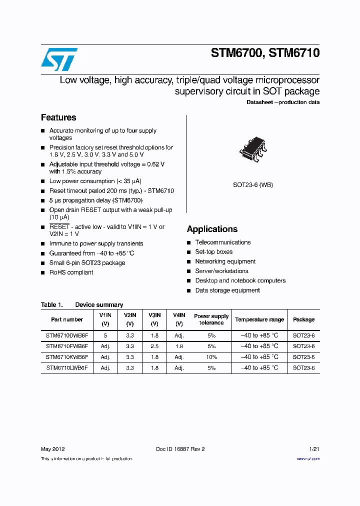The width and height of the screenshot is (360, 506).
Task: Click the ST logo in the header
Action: point(59,59)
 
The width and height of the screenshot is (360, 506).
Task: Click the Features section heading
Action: point(58,117)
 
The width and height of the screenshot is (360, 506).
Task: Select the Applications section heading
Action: point(212,229)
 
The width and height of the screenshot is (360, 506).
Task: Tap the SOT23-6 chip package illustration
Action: point(253,149)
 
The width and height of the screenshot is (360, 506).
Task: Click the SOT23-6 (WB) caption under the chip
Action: point(253,185)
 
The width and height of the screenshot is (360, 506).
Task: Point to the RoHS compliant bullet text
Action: point(71,272)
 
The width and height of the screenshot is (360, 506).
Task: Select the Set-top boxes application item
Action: point(213,252)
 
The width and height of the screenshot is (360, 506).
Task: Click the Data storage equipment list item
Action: point(227,290)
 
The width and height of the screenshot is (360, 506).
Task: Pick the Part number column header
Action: point(67,319)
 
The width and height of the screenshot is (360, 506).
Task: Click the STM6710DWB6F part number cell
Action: point(67,335)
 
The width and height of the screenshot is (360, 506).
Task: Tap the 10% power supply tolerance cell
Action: point(211,357)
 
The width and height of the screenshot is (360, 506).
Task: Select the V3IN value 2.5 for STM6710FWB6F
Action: point(154,346)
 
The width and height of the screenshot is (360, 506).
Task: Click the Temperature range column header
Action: point(259,319)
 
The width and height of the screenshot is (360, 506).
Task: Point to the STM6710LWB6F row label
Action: point(67,368)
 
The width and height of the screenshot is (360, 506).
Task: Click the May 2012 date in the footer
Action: point(52,449)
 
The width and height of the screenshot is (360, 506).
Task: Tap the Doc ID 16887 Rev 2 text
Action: point(180,449)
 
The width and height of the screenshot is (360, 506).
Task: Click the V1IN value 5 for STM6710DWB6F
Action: point(105,335)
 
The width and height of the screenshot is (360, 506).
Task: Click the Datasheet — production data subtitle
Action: point(283,102)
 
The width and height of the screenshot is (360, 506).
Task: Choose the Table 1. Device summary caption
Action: point(82,304)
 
